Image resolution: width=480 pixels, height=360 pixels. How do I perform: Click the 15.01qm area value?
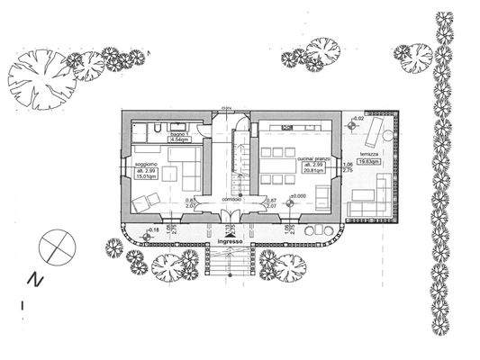146,177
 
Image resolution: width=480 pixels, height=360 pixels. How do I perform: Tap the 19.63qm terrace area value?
368,161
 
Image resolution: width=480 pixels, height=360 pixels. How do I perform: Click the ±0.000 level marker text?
298,196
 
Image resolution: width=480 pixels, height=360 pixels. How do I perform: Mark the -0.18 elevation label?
152,231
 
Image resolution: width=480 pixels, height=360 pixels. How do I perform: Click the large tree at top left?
38,82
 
